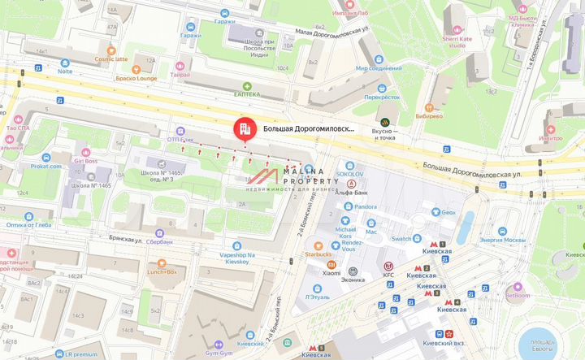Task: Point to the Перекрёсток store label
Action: click(x=382, y=97)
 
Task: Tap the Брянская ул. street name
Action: click(x=126, y=240)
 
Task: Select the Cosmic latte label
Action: click(x=110, y=59)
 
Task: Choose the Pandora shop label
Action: click(x=364, y=206)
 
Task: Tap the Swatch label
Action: click(x=401, y=239)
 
